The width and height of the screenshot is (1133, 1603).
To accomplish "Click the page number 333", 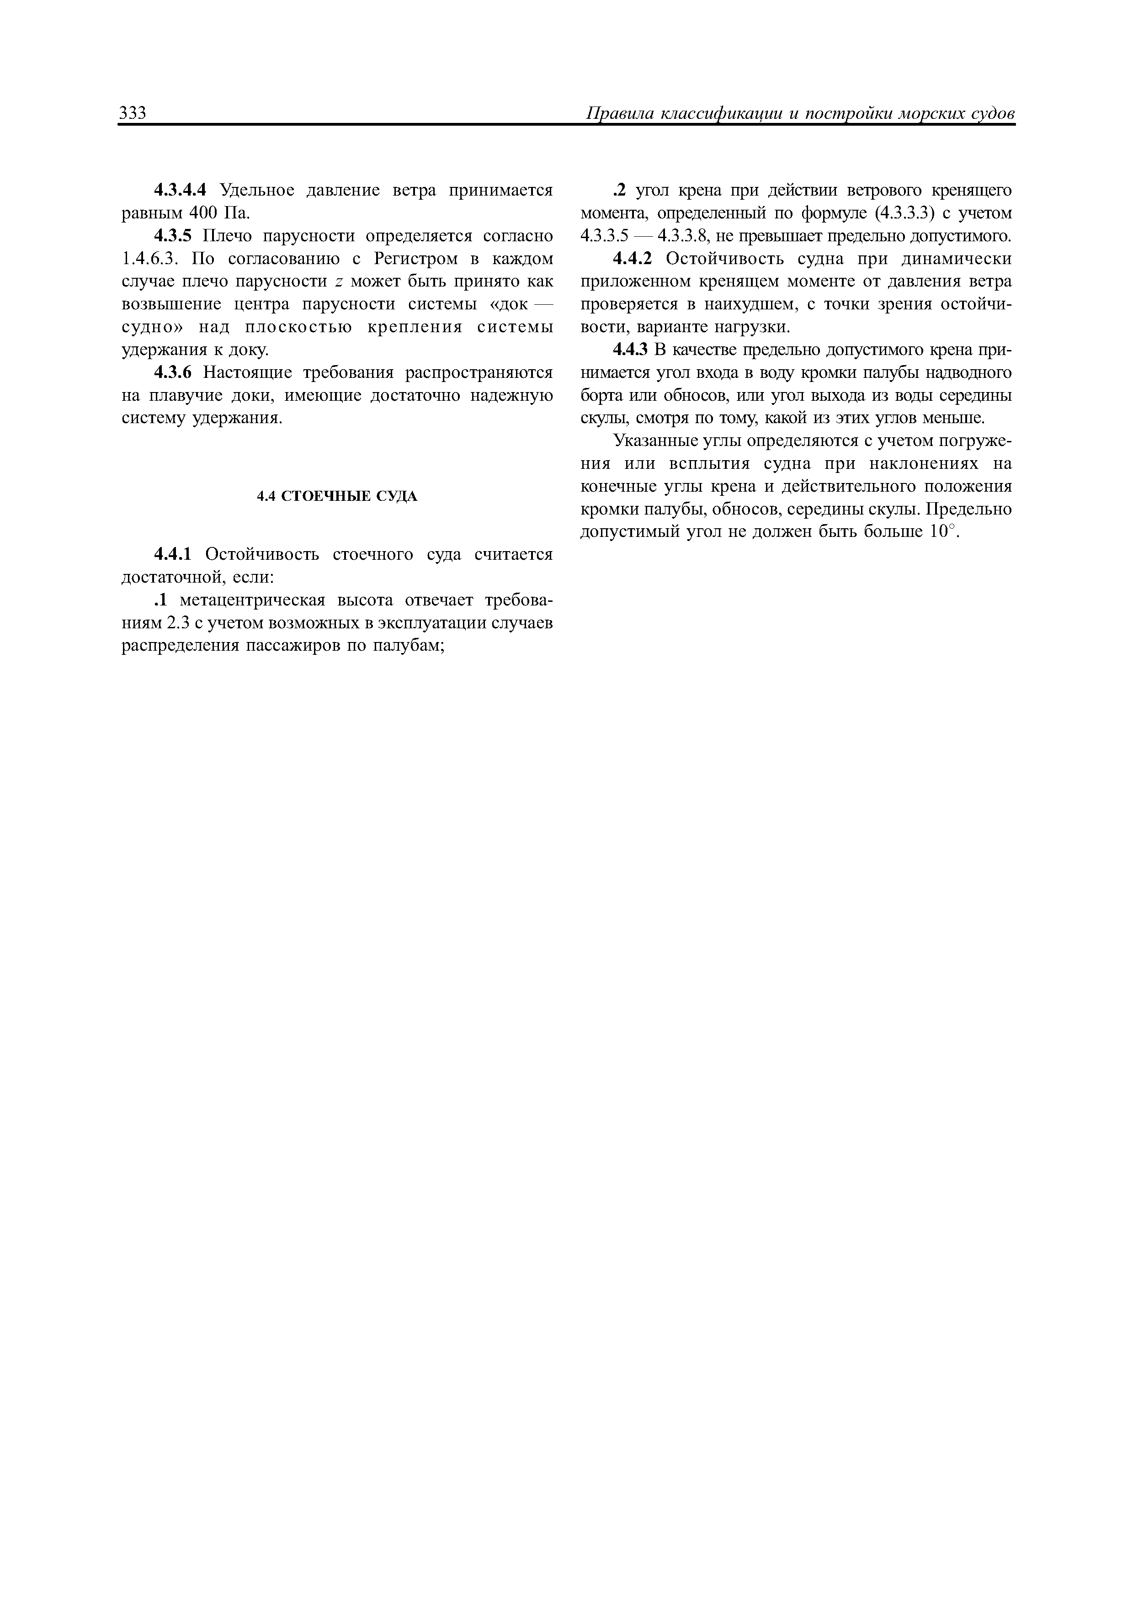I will click(x=133, y=113).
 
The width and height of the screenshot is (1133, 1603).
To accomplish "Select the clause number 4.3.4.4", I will click(x=180, y=190).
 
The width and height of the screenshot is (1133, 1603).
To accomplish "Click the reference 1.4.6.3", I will click(x=151, y=259).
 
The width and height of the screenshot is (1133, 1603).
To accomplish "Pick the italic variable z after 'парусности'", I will click(x=339, y=281).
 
